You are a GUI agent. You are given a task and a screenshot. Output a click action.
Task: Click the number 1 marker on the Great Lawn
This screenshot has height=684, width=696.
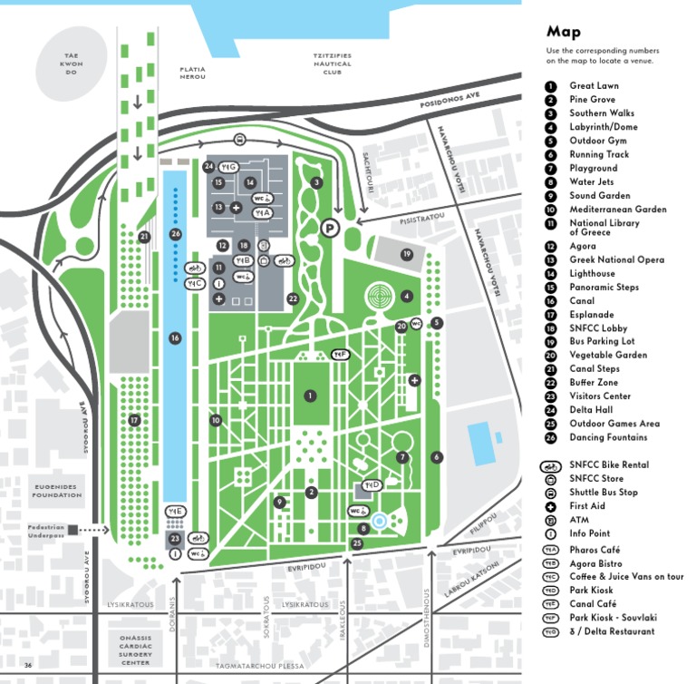[310, 396]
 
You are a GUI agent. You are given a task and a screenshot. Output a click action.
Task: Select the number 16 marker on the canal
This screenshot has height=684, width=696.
[175, 338]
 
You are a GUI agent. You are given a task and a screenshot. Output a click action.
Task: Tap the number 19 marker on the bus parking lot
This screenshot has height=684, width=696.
[407, 254]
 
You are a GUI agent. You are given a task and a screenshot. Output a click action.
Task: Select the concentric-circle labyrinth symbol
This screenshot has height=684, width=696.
[379, 296]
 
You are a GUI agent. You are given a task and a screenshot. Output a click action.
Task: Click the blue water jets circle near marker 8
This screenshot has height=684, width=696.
[380, 520]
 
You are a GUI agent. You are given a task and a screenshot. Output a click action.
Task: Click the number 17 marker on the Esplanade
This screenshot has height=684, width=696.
[134, 420]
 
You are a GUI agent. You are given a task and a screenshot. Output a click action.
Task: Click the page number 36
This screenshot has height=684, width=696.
[28, 666]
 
